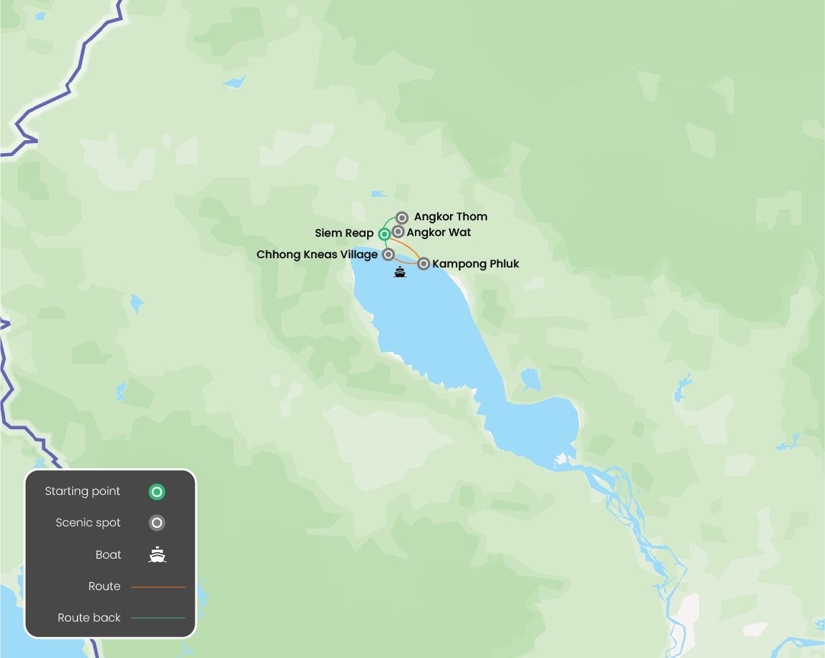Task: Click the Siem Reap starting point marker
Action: tap(384, 234)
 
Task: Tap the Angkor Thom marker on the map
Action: tap(402, 217)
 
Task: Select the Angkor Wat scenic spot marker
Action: tap(398, 232)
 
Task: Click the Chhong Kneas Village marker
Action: tap(389, 254)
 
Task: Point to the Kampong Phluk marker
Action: tap(424, 264)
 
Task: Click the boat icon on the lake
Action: tap(400, 272)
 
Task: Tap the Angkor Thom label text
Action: tap(451, 217)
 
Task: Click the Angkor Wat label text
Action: tap(439, 232)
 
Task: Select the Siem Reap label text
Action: tap(344, 234)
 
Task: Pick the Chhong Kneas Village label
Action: tap(317, 255)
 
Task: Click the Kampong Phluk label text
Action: tap(476, 264)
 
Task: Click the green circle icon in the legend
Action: tap(157, 491)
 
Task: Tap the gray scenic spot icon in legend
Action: tap(157, 523)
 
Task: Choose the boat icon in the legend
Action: tap(157, 554)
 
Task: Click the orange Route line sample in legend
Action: tap(158, 586)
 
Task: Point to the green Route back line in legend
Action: tap(158, 618)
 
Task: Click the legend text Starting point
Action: tap(82, 491)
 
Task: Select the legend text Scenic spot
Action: tap(88, 523)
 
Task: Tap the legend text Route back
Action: tap(89, 618)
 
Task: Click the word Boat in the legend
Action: tap(108, 555)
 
